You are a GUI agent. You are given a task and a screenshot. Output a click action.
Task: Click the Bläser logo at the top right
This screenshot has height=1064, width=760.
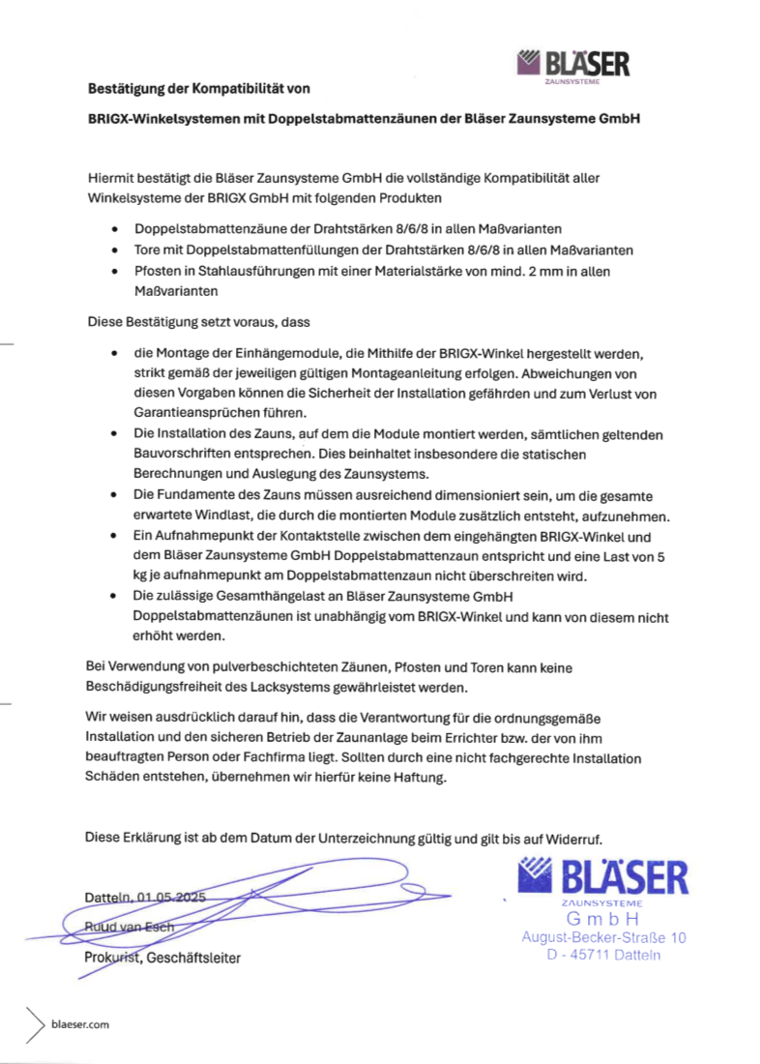[x=573, y=65]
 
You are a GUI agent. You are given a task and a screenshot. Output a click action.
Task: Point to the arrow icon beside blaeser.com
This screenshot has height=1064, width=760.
[x=36, y=1022]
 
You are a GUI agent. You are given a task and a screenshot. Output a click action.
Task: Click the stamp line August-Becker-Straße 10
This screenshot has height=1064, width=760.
[x=603, y=936]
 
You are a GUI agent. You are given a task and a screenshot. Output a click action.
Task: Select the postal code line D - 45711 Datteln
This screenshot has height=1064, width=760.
[x=603, y=955]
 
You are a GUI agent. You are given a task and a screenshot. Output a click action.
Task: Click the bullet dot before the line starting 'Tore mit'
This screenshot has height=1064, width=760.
[x=116, y=250]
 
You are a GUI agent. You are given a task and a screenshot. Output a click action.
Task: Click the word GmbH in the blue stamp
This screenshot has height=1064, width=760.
[x=603, y=918]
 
